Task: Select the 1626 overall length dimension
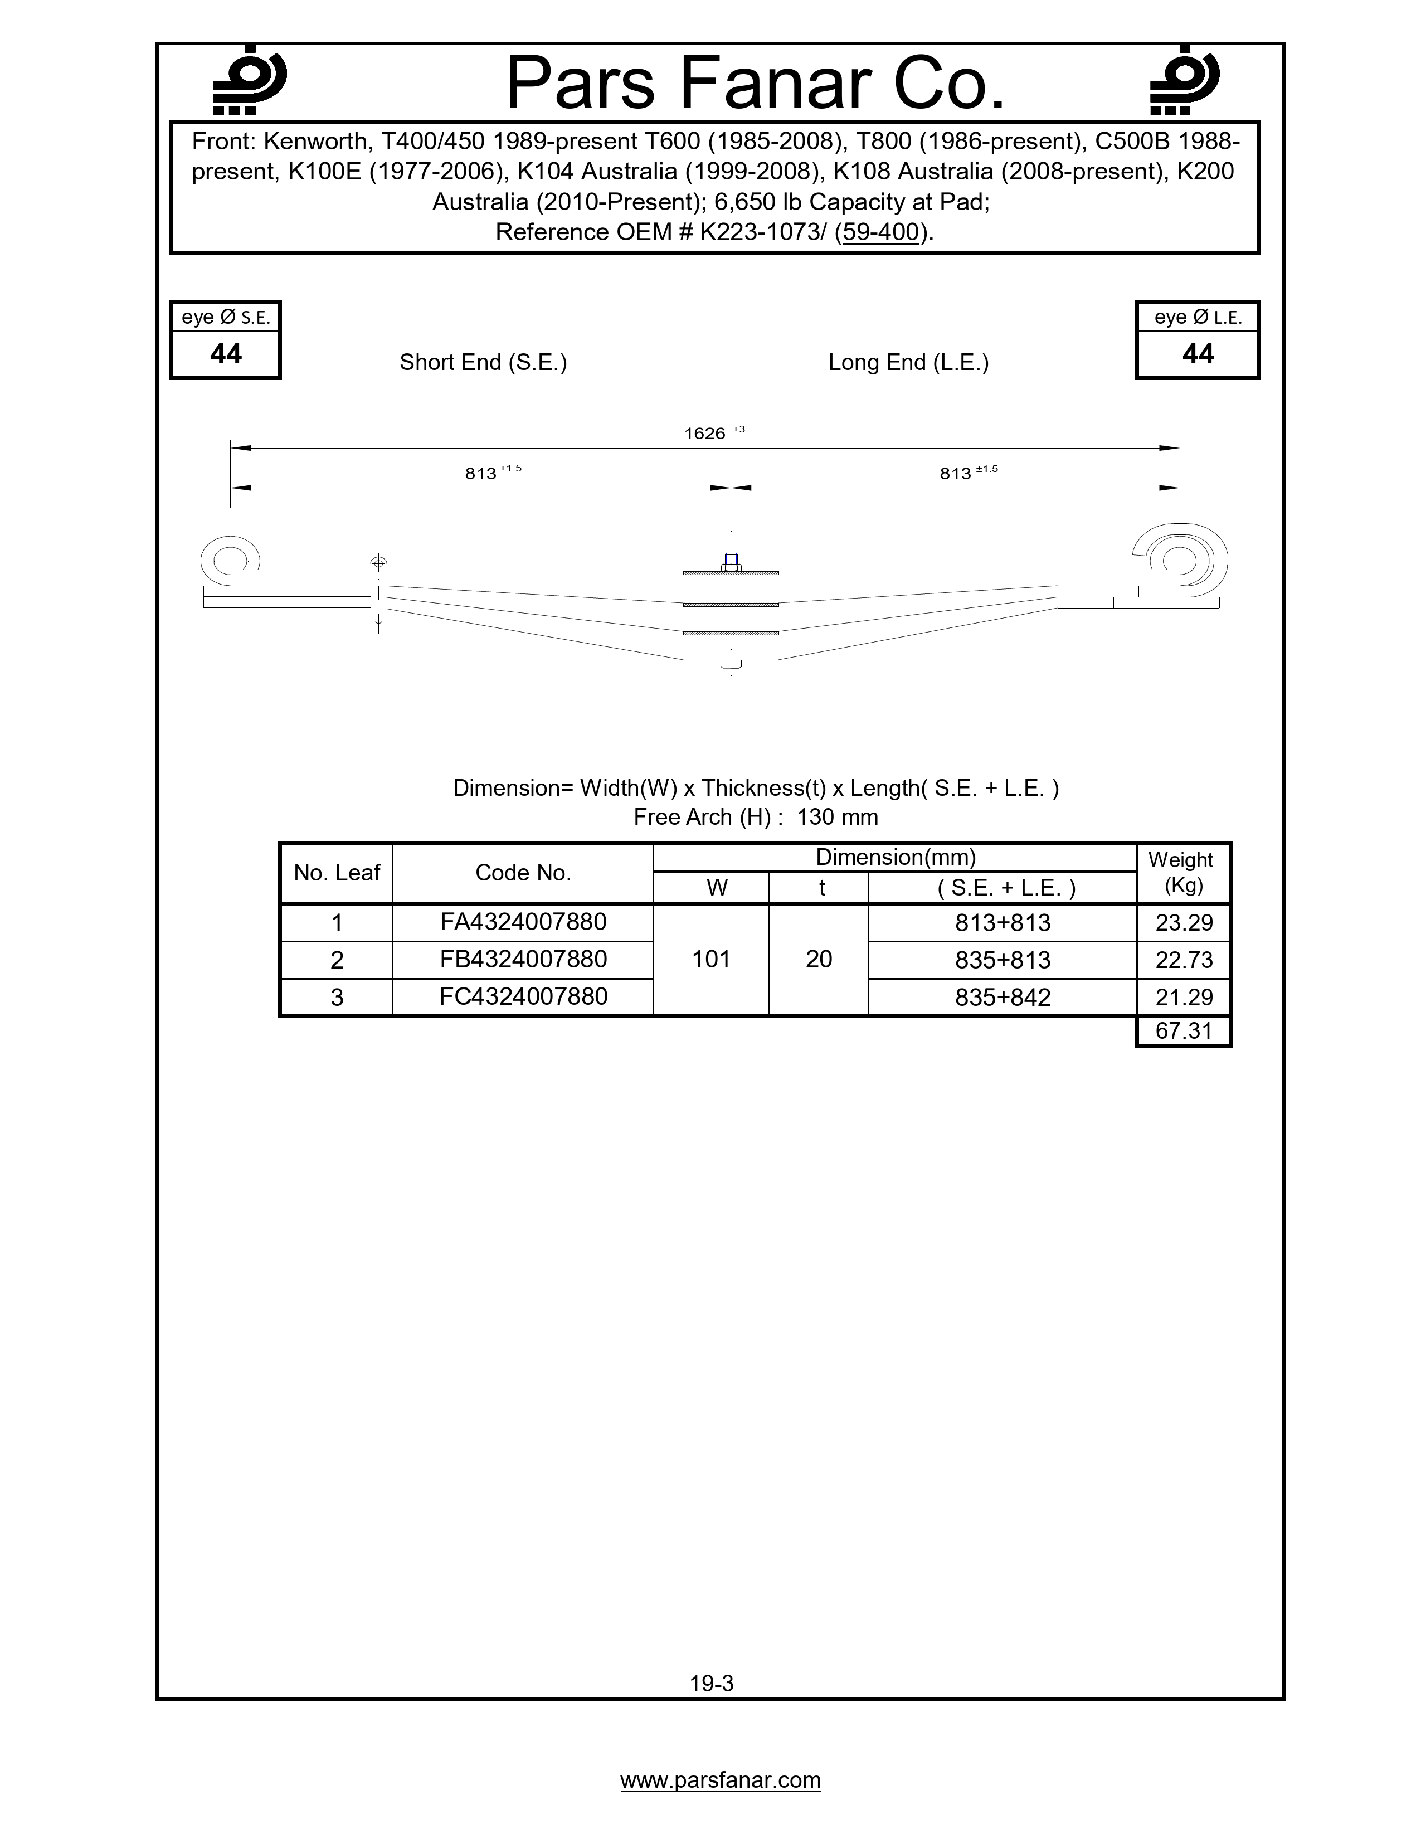coord(705,434)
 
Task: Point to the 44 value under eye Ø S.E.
coord(226,354)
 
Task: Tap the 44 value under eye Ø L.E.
coord(1197,354)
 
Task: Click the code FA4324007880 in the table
coord(523,922)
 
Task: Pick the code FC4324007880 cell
coord(523,997)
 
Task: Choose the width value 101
coord(710,959)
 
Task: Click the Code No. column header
coord(523,873)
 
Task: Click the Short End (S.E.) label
coord(483,362)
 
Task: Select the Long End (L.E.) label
coord(908,362)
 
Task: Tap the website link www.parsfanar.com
coord(721,1780)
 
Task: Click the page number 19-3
coord(712,1683)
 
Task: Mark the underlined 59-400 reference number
coord(880,232)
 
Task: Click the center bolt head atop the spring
coord(731,559)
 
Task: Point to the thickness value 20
coord(818,959)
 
